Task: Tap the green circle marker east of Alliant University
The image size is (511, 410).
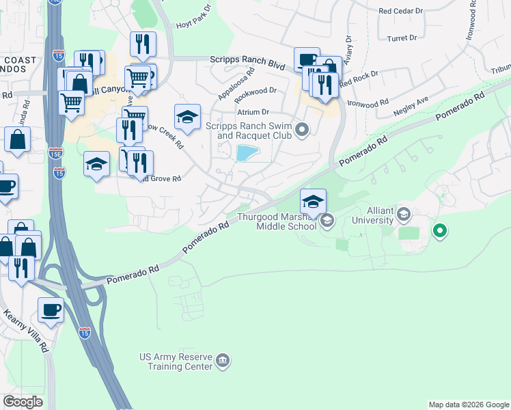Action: (440, 231)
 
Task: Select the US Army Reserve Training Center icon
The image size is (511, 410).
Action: (223, 360)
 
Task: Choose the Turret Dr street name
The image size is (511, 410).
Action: (402, 38)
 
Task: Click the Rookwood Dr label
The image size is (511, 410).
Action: (255, 90)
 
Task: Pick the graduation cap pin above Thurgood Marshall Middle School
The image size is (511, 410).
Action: (313, 202)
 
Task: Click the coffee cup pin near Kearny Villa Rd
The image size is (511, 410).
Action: (51, 311)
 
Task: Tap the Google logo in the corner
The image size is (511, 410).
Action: (23, 402)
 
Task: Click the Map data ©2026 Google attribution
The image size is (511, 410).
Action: (468, 405)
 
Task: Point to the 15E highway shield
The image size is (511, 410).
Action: (59, 153)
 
